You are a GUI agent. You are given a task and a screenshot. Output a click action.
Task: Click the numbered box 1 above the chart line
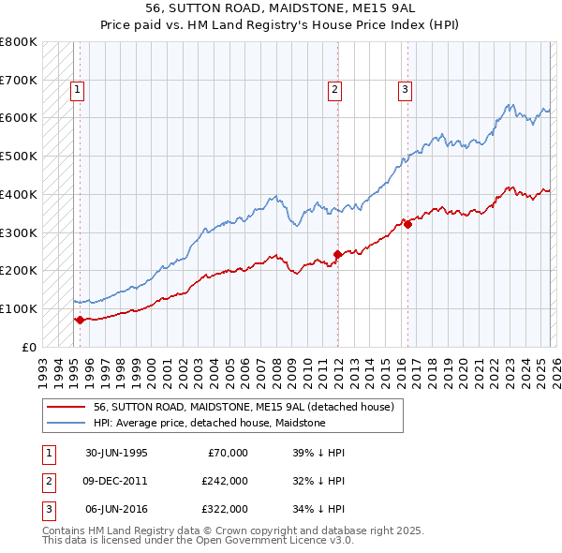coord(77,90)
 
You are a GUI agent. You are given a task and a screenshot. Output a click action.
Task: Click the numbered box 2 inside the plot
coord(334,90)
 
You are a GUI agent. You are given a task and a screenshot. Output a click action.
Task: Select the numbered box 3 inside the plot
coord(405,90)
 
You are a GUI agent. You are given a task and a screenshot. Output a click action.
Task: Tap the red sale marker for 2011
coord(337,254)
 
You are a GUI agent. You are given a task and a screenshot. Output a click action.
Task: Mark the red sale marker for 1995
coord(80,320)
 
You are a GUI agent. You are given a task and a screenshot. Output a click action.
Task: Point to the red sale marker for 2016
coord(407,224)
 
